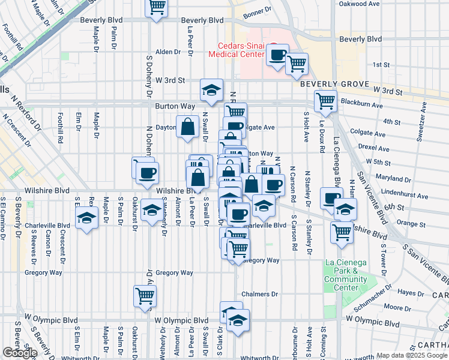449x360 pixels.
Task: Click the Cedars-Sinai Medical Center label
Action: pos(237,49)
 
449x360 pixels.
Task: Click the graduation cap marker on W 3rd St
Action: pos(211,90)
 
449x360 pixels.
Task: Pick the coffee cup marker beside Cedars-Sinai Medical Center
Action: pos(277,55)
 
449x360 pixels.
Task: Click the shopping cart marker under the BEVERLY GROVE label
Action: pos(325,100)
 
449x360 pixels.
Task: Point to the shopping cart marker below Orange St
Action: pos(342,231)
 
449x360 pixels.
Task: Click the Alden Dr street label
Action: pos(168,52)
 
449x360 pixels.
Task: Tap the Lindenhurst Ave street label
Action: pos(405,196)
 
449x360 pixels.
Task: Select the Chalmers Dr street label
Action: pos(260,295)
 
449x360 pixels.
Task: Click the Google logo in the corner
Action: pos(20,353)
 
